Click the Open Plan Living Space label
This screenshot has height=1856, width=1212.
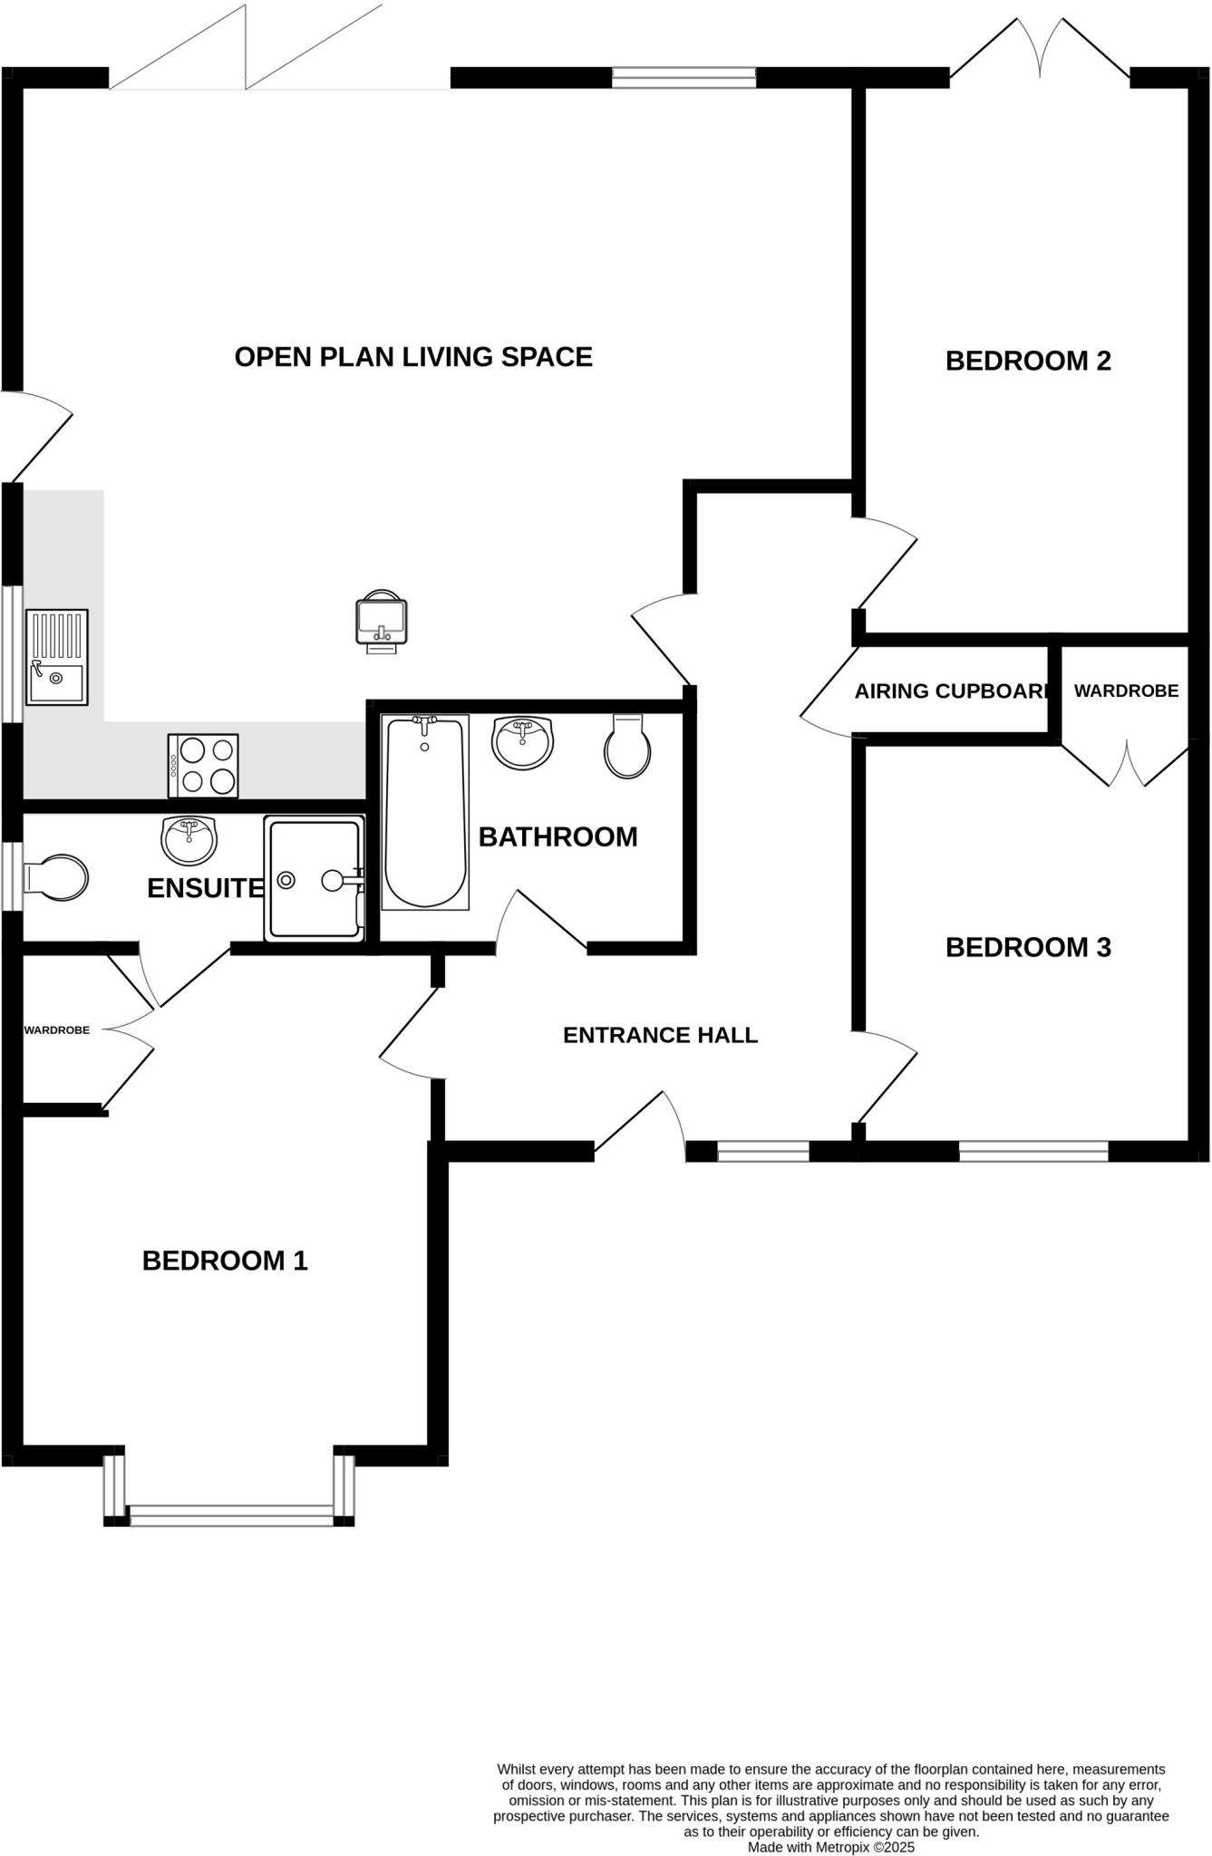[413, 357]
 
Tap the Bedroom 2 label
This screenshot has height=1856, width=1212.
[1028, 361]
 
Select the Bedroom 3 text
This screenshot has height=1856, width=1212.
[1028, 947]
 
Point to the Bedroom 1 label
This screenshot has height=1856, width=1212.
[225, 1261]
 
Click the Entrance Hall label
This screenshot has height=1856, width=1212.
[660, 1035]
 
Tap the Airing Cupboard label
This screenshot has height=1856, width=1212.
[952, 691]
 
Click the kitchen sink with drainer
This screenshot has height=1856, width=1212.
[57, 657]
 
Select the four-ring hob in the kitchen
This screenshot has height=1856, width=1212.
[203, 766]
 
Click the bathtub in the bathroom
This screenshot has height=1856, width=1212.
[425, 812]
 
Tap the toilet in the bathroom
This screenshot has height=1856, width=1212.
[627, 747]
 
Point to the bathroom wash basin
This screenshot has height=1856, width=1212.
[522, 742]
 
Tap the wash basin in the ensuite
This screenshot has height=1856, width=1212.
[189, 840]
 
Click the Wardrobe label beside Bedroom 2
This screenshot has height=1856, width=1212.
[1126, 691]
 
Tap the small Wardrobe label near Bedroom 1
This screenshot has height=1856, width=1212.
[56, 1030]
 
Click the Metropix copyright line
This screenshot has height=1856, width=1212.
[830, 1847]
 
